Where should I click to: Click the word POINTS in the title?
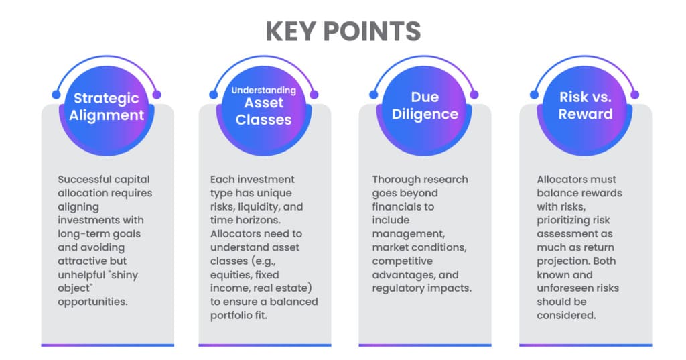[x=372, y=31]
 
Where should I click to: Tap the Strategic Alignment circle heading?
[x=107, y=107]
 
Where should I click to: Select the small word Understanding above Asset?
[x=263, y=91]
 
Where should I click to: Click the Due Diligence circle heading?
[x=425, y=105]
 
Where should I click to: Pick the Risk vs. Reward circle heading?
[x=586, y=105]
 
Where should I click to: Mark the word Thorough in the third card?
[x=393, y=180]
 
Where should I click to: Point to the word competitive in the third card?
[x=403, y=261]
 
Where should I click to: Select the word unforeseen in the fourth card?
[x=563, y=288]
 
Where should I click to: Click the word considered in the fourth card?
[x=566, y=315]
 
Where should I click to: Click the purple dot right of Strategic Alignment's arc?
[x=157, y=94]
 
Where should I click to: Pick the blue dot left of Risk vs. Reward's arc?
[x=534, y=94]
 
